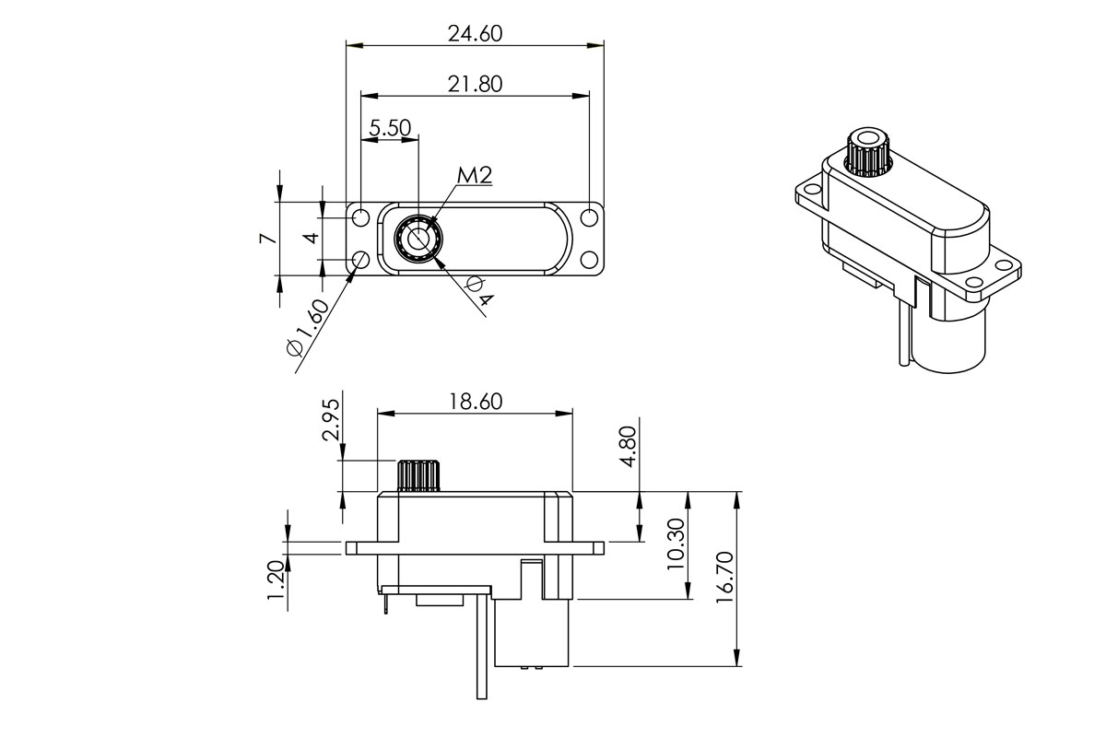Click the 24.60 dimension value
(x=475, y=34)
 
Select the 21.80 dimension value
(x=475, y=84)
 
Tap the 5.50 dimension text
(x=390, y=128)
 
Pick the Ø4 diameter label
(x=478, y=293)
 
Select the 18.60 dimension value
(x=475, y=401)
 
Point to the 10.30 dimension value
(x=677, y=544)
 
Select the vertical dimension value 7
(x=266, y=238)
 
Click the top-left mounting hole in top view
(x=360, y=218)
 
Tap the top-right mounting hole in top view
(x=589, y=218)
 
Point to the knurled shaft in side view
(x=419, y=474)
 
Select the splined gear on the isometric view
(x=866, y=152)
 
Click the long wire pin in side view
(x=481, y=645)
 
